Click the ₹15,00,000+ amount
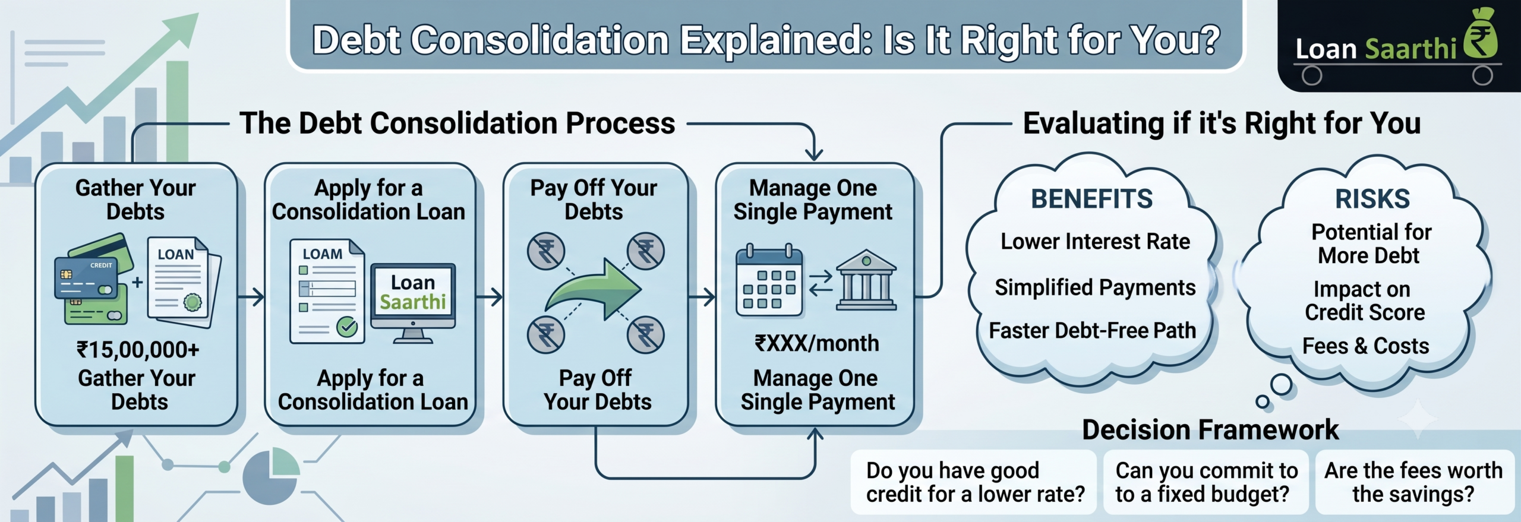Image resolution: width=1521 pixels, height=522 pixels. (x=138, y=350)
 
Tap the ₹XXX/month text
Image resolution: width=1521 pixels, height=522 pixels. (x=817, y=343)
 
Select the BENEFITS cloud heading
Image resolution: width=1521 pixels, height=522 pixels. (x=1092, y=199)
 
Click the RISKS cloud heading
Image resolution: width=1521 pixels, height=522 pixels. (x=1372, y=199)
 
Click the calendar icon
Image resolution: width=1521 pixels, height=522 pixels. (x=769, y=279)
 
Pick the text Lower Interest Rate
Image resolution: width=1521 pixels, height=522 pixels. (x=1095, y=242)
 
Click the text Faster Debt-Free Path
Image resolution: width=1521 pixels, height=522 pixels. (x=1092, y=330)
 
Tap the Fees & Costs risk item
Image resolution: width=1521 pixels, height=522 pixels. (x=1366, y=346)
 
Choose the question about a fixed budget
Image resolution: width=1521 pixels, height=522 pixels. (x=1206, y=482)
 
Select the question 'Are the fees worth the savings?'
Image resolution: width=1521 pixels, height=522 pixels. (x=1413, y=482)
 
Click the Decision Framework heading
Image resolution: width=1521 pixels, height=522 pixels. (x=1210, y=429)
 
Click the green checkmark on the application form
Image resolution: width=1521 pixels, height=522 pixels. (x=346, y=327)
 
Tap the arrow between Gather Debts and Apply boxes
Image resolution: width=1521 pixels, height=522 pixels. (x=251, y=296)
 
